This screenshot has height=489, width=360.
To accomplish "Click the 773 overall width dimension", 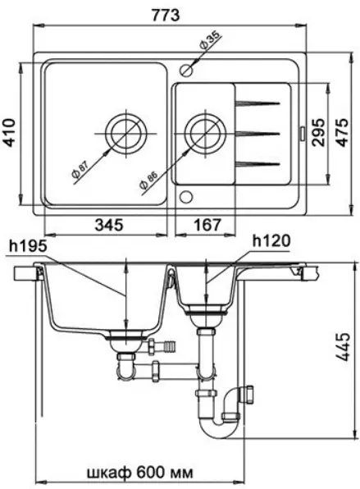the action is [x=166, y=15].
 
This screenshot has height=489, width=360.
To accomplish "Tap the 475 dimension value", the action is [x=343, y=132].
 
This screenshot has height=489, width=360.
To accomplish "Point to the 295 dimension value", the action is [x=318, y=132].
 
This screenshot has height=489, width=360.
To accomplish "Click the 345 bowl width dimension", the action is [x=109, y=225].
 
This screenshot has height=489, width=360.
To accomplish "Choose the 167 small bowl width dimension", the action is [x=207, y=225].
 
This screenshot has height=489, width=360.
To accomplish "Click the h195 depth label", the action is [x=28, y=246].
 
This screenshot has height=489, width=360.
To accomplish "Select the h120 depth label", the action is [x=271, y=241].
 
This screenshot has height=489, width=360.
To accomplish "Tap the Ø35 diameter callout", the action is [x=210, y=40].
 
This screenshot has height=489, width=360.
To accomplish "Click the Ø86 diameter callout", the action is [x=148, y=181].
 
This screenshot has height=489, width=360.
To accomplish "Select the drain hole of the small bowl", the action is [x=205, y=134].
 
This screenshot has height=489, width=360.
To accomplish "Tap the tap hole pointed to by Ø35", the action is [x=186, y=71].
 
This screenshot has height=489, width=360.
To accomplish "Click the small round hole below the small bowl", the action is [x=186, y=197].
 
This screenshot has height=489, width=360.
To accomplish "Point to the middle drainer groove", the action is [x=257, y=134].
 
